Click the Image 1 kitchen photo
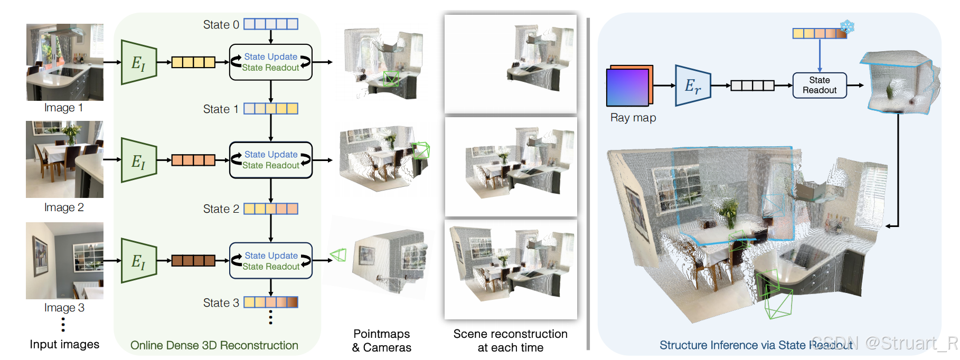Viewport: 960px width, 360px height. [x=65, y=62]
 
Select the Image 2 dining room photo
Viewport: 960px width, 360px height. [x=65, y=159]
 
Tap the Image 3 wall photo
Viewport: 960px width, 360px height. [x=65, y=260]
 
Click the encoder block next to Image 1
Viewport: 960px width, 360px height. [x=139, y=62]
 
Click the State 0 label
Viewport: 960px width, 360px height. [x=221, y=25]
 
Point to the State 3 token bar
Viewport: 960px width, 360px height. [x=271, y=302]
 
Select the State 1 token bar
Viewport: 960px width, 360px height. [x=271, y=109]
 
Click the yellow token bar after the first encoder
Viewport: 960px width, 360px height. [x=193, y=62]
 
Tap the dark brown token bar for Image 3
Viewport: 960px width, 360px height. [x=193, y=260]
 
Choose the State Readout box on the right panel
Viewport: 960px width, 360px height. [x=820, y=85]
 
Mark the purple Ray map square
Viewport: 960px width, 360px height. [x=628, y=87]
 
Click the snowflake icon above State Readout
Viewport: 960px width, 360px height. [x=848, y=26]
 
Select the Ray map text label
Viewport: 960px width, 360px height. [x=633, y=118]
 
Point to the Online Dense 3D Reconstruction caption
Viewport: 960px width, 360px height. [x=214, y=345]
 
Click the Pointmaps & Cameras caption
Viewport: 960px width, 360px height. [x=382, y=340]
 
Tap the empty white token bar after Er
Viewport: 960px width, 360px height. [x=752, y=85]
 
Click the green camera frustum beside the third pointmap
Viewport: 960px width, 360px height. [x=338, y=255]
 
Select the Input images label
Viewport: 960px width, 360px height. [x=64, y=344]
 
